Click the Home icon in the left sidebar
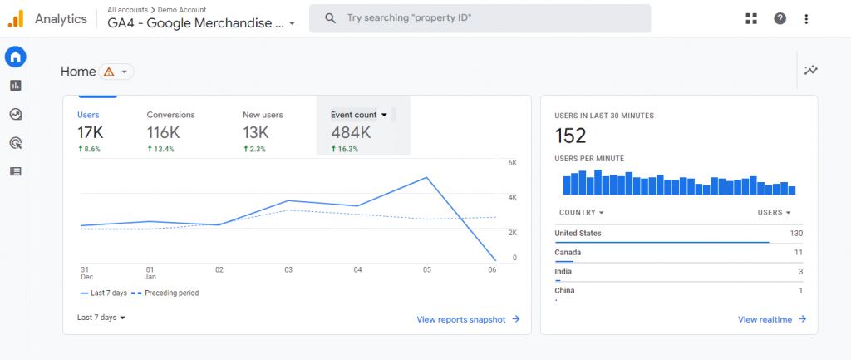click(15, 57)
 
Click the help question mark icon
click(780, 18)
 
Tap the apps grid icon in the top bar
click(751, 18)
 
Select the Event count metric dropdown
click(359, 115)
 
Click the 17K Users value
click(91, 132)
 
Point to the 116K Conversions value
click(164, 132)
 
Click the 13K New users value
click(256, 132)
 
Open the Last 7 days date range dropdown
click(101, 318)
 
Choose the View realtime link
click(771, 319)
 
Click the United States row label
click(578, 234)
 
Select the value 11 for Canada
click(798, 252)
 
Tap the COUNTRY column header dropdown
click(581, 213)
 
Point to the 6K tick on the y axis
click(512, 163)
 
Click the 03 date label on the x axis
click(288, 269)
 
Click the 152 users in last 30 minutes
click(570, 136)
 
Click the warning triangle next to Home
click(109, 72)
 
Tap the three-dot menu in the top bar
click(806, 18)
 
